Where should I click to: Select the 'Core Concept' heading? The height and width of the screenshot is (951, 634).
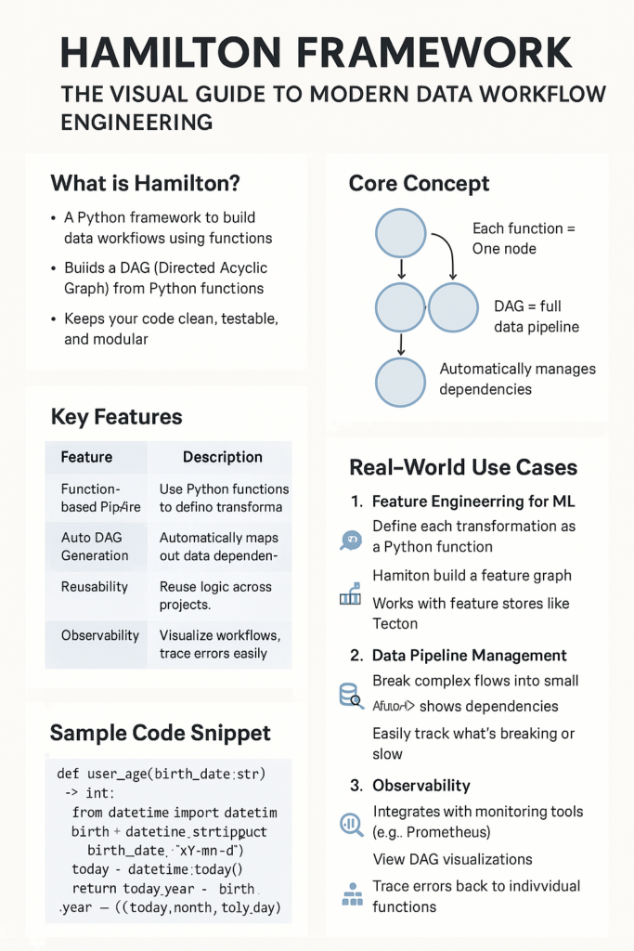point(419,183)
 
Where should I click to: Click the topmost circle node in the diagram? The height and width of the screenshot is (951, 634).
point(400,233)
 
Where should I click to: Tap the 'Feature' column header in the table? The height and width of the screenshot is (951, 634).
point(86,457)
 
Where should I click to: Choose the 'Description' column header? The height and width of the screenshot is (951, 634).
point(222,457)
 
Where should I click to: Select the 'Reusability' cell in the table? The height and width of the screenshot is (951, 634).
point(95,587)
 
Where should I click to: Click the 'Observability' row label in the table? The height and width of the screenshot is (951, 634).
point(100,635)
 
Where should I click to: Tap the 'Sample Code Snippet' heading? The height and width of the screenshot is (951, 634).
point(160,733)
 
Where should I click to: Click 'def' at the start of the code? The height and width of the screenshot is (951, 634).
point(68,772)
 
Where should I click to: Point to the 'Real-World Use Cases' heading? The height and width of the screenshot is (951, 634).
point(463,467)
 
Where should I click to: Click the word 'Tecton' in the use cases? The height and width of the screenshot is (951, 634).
point(395,623)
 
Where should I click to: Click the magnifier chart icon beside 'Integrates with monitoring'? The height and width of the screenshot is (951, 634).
point(352,822)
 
